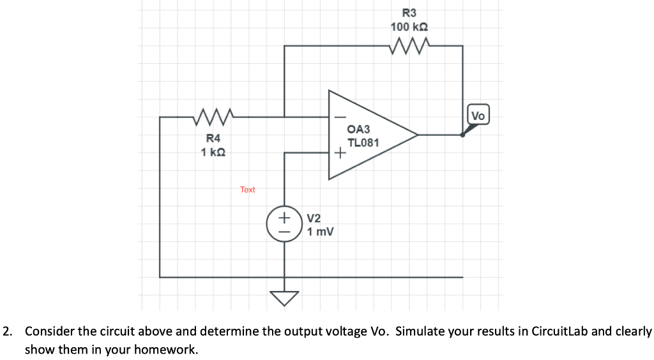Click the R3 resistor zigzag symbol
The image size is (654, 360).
coord(409,45)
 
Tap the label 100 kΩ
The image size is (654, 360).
coord(409,27)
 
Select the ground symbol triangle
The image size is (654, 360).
coord(284,297)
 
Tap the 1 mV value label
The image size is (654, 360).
coord(320,231)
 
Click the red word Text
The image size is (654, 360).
coord(248,190)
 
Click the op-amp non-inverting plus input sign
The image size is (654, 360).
coord(339,153)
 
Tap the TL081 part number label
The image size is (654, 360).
coord(363,142)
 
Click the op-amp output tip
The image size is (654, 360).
coord(417,135)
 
